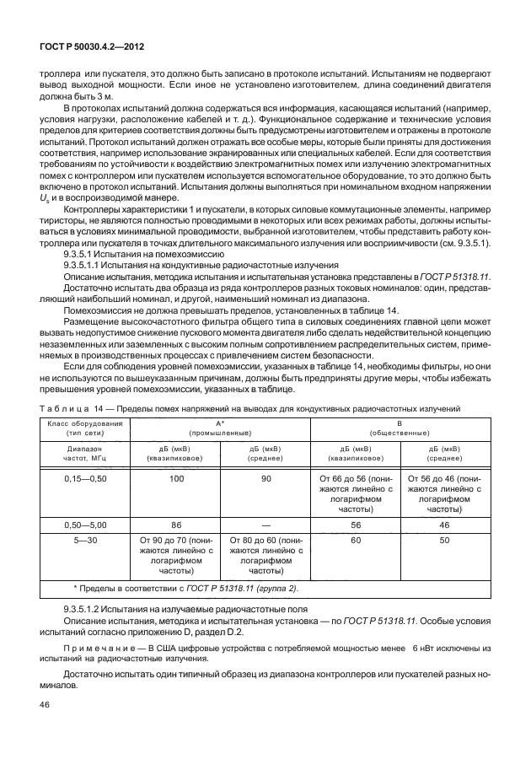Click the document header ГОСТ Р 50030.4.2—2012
click(88, 49)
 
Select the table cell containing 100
click(176, 478)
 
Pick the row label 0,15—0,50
click(86, 478)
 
